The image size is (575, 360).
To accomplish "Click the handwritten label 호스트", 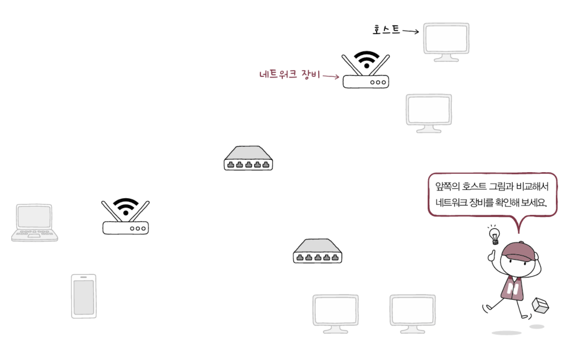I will click(x=386, y=30).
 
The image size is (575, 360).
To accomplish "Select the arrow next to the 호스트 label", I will click(x=410, y=31).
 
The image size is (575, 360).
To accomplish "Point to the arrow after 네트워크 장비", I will click(x=331, y=77).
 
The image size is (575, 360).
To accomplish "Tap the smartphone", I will click(x=84, y=296).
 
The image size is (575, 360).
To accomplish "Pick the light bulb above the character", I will click(x=494, y=236).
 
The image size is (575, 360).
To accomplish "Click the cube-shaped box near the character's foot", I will click(x=540, y=305).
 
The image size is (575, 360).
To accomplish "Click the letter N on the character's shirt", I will click(x=514, y=289).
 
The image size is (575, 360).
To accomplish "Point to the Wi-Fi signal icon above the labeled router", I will click(x=367, y=59).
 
